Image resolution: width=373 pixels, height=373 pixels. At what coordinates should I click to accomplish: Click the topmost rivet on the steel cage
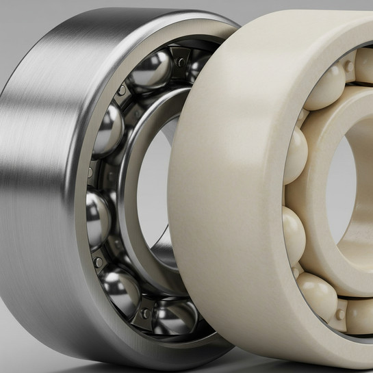[x=180, y=61]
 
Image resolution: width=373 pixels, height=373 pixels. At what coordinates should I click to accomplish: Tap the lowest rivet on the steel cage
[x=145, y=313]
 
